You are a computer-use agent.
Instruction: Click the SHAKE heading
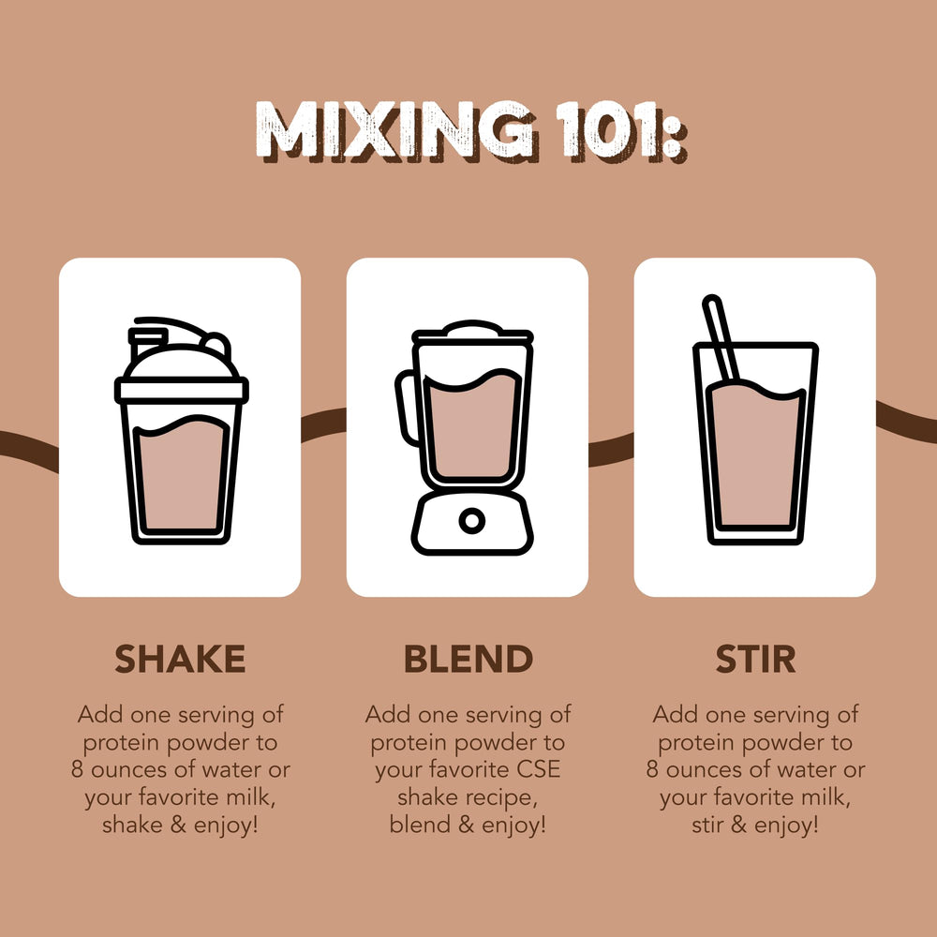180,659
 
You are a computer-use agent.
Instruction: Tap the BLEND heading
468,659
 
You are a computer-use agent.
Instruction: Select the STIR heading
755,659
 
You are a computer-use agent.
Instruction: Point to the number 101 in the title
611,130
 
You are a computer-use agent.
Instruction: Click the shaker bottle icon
181,430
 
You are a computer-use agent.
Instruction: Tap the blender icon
465,438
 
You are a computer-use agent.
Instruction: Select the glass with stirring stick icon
755,420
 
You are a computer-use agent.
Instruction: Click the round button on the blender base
472,521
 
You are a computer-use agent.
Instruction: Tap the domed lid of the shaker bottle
180,362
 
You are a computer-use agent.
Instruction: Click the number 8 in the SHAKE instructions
77,769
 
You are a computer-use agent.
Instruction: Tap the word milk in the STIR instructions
828,797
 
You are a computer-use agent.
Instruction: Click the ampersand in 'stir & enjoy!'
738,825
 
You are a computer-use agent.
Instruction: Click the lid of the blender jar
472,333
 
